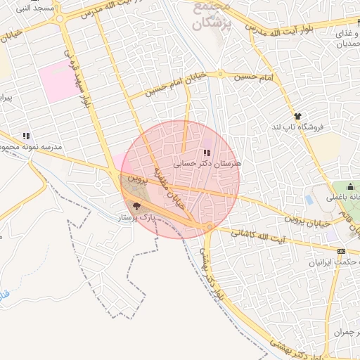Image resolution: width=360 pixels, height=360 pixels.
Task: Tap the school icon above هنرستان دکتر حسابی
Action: coord(206,153)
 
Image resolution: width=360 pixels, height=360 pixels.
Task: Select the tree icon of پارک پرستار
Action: coord(136,206)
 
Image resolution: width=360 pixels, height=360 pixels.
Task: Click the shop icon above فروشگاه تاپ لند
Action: coord(297,117)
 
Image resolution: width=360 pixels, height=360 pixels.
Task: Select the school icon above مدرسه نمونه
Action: coord(26,136)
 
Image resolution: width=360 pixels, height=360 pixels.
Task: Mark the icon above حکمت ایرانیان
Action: coord(342,251)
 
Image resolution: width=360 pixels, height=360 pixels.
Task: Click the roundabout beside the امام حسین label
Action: coord(220,74)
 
